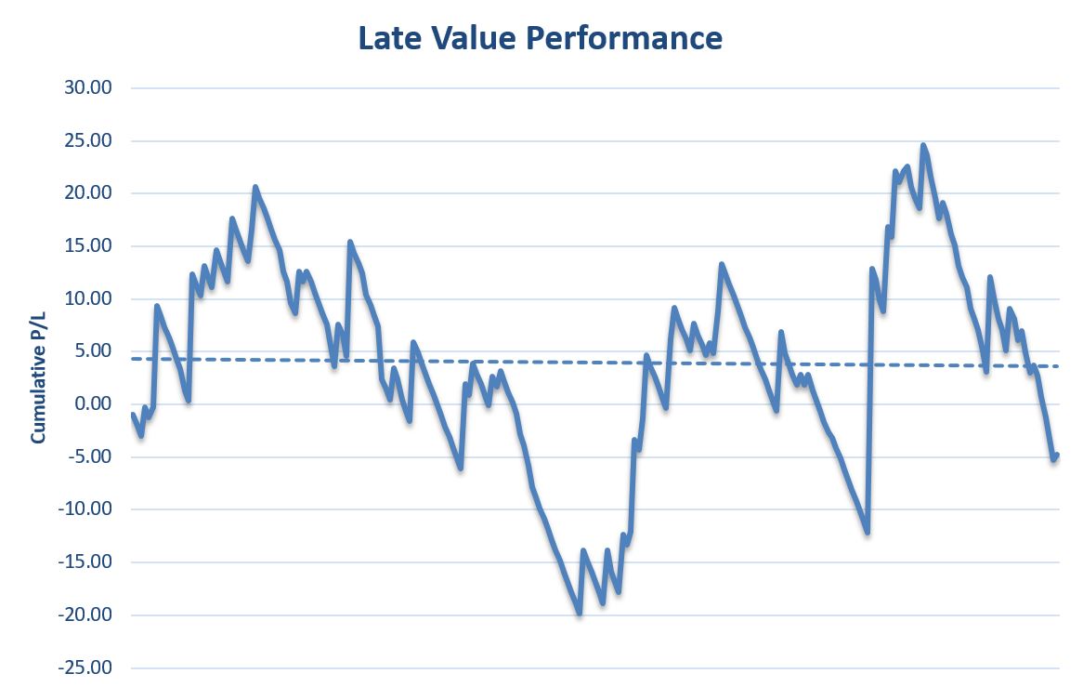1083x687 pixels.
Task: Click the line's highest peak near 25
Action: (922, 145)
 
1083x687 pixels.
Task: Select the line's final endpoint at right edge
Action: (1057, 455)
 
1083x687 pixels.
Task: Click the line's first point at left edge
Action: (133, 415)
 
